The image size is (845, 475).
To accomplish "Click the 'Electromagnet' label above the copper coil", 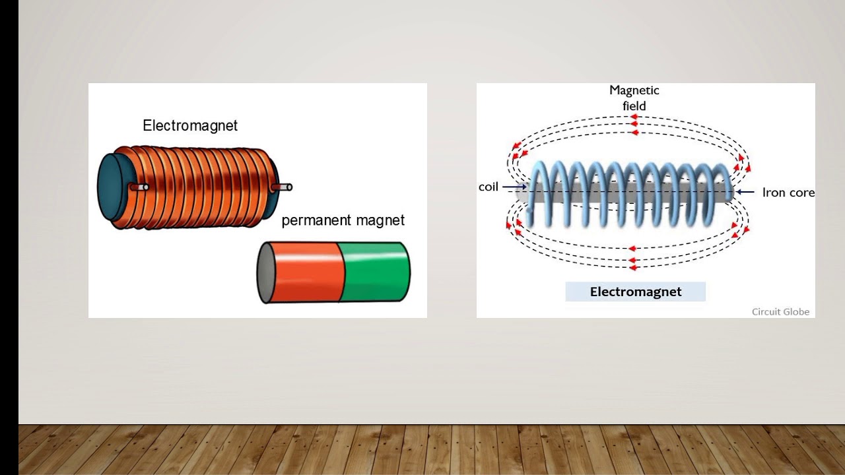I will coord(190,125).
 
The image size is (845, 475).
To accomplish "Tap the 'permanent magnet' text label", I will coord(343,220).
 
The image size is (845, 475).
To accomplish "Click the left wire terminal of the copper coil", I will coord(139,187).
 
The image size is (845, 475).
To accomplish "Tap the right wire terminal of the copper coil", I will coord(282,187).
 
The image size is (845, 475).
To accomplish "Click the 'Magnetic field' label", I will coord(634,98).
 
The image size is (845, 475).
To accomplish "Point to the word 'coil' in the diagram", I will coord(488,187).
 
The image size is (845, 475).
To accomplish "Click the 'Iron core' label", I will coord(788,193).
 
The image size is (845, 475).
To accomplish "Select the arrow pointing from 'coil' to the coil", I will coord(514,187).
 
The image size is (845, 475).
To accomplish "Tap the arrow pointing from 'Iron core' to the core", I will coord(745,193).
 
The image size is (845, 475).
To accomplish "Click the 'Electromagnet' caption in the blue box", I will coord(635,292).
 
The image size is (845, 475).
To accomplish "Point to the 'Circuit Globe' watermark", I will coord(780,311).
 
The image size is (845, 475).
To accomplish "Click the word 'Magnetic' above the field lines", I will coord(634,90).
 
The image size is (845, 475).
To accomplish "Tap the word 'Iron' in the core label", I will coord(773,193).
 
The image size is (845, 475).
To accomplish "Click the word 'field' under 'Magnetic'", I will coord(634,106).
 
